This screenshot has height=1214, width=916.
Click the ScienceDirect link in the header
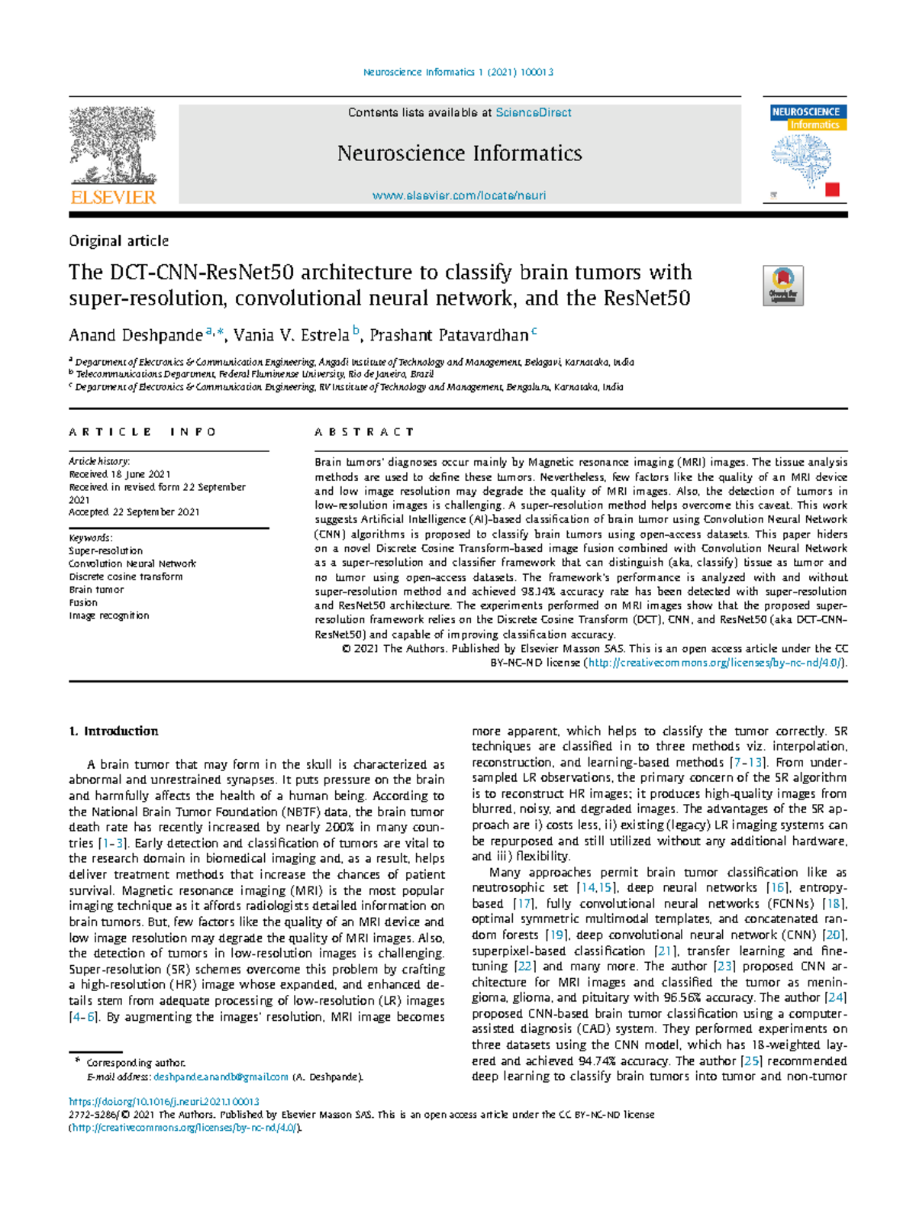(533, 112)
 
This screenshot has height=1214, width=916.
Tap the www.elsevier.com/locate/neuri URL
(459, 195)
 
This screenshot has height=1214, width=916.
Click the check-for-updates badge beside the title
(783, 286)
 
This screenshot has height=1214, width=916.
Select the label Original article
(118, 241)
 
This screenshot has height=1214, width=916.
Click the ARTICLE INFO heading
(143, 432)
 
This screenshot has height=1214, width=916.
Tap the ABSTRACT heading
(364, 432)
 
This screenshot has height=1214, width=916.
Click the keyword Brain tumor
(96, 589)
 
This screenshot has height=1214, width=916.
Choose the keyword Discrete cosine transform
(125, 576)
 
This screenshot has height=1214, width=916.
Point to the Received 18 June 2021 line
(120, 474)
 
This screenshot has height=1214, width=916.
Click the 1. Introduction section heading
(114, 731)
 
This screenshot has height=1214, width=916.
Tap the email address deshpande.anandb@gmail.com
(221, 1077)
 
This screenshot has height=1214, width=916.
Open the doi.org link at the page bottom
(163, 1102)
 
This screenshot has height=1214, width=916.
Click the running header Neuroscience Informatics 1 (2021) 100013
(458, 73)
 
